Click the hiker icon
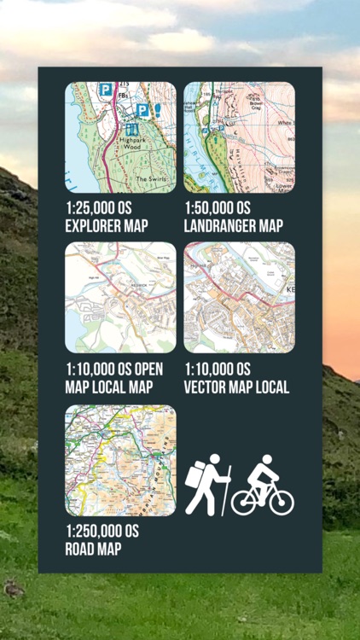point(207,484)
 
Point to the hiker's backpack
point(195,474)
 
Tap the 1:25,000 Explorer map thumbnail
point(120,137)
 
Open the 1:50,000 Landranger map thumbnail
point(240,137)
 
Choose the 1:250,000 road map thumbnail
point(120,461)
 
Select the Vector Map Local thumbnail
point(240,298)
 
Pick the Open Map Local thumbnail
point(120,298)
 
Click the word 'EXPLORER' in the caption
point(89,226)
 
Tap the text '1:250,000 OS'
point(102,532)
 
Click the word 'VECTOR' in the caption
point(210,387)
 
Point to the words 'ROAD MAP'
point(93,549)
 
